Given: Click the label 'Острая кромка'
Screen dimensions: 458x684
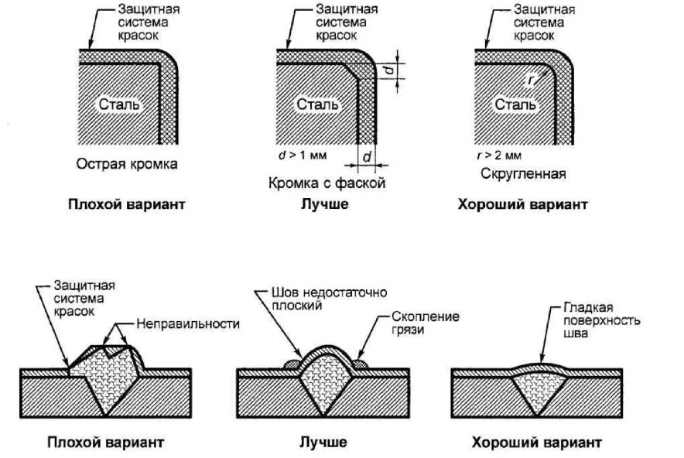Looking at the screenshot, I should click(x=127, y=164).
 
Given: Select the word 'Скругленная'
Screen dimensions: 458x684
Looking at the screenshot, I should click(x=522, y=174).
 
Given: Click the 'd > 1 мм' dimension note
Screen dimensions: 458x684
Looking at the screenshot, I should click(x=303, y=155).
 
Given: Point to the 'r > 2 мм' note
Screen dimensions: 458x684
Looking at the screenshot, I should click(x=501, y=155).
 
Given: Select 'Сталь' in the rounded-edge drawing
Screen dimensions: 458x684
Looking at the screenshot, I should click(x=511, y=104).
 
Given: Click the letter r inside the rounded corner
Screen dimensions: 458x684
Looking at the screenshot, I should click(x=530, y=79).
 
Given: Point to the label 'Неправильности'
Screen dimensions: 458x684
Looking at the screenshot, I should click(x=188, y=323).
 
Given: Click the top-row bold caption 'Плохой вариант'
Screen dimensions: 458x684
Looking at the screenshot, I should click(x=126, y=205).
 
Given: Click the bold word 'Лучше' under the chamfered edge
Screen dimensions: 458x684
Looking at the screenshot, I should click(x=324, y=205).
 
